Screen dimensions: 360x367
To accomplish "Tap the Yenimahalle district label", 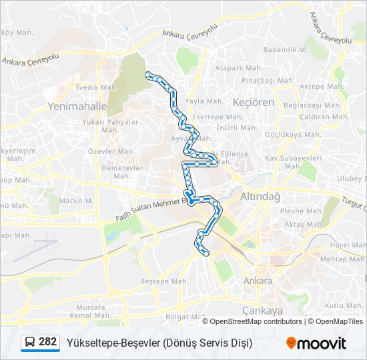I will click(77, 106).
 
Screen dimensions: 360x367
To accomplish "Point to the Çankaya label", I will click(262, 311).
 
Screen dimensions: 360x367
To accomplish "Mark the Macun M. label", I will click(76, 201).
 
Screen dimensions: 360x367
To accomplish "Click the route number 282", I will click(47, 342).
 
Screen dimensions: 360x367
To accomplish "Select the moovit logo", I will click(316, 343).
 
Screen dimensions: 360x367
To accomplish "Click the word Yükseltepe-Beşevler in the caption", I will click(113, 343).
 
